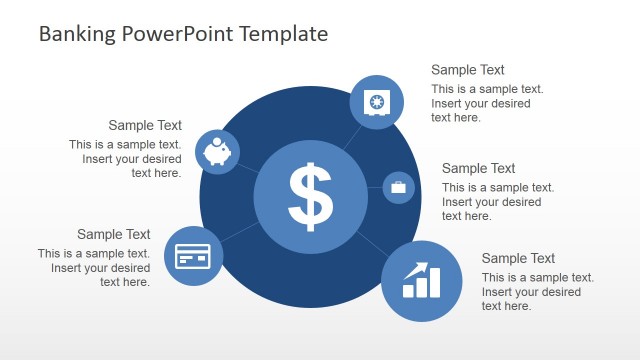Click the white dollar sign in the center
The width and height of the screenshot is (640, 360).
click(310, 195)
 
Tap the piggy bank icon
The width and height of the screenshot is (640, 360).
click(217, 152)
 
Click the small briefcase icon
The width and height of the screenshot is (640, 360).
click(398, 187)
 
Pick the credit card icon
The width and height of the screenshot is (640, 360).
click(192, 257)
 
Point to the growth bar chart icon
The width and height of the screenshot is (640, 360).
click(421, 281)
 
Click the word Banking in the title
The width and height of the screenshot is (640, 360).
click(80, 34)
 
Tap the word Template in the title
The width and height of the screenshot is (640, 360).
click(283, 34)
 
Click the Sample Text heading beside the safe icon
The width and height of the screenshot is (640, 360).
click(467, 70)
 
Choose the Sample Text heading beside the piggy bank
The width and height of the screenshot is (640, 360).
click(145, 125)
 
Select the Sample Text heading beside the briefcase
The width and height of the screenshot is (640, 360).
click(478, 168)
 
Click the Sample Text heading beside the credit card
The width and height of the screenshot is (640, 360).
click(113, 234)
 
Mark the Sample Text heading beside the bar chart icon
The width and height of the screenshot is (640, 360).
click(518, 258)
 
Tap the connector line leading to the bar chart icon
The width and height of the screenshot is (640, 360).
click(372, 244)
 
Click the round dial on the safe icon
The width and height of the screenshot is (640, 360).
click(378, 102)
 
